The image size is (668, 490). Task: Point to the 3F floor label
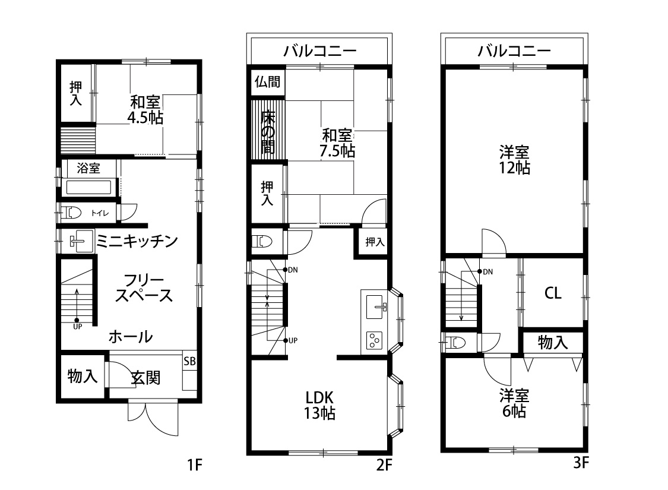(x=581, y=463)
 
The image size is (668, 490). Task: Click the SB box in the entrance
(x=189, y=361)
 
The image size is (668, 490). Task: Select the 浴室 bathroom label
(x=89, y=169)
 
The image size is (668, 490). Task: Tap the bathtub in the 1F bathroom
(x=88, y=188)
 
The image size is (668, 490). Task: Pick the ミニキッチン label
(x=137, y=241)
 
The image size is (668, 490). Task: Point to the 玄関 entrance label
(x=145, y=377)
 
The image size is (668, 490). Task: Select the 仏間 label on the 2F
(x=267, y=81)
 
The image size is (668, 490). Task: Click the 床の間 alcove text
(x=268, y=130)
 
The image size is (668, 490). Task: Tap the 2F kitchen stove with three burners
(x=375, y=340)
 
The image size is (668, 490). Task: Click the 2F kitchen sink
(x=375, y=306)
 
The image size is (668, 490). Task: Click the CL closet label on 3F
(x=553, y=293)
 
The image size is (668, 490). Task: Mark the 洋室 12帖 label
(x=514, y=159)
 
